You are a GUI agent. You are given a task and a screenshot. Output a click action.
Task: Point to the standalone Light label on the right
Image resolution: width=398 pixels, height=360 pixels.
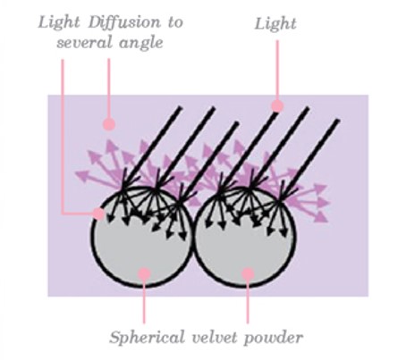275,24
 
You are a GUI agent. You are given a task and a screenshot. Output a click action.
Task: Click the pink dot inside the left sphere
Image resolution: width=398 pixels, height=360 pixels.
145,274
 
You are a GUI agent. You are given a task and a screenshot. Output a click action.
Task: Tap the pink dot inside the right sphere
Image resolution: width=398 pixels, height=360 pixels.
248,274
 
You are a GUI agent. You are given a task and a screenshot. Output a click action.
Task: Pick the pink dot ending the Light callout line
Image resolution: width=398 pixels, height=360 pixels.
277,105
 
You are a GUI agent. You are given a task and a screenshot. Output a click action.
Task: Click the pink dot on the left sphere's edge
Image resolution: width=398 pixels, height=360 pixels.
98,213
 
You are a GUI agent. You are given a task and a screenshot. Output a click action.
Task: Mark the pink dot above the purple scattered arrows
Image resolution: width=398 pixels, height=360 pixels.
109,124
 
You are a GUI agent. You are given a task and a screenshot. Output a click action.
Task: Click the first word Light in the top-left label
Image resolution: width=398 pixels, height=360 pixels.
59,23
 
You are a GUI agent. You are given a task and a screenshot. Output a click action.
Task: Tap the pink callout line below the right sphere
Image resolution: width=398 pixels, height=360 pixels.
248,301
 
